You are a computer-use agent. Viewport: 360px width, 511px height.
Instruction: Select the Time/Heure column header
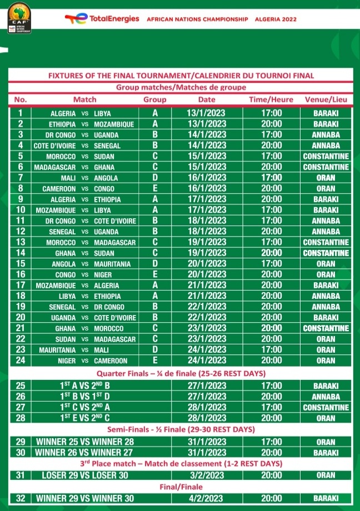click(x=271, y=99)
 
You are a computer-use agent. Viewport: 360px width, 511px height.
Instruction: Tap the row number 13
click(x=21, y=242)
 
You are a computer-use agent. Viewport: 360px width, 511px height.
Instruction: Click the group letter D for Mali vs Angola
click(x=155, y=178)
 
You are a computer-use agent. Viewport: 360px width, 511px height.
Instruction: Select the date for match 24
click(x=206, y=360)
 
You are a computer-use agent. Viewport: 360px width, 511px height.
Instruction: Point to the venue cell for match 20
click(x=326, y=317)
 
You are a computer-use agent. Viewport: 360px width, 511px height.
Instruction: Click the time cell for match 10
click(x=271, y=210)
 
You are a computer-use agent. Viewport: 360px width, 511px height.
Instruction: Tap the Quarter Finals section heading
click(x=181, y=373)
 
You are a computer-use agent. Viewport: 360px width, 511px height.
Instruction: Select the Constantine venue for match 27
click(x=326, y=407)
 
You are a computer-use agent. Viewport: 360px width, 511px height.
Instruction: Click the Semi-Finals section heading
click(x=181, y=430)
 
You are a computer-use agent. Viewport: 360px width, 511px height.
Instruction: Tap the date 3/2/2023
click(x=206, y=475)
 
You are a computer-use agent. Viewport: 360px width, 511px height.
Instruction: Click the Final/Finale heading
click(x=181, y=487)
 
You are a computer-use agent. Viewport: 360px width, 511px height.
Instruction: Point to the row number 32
click(x=21, y=498)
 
